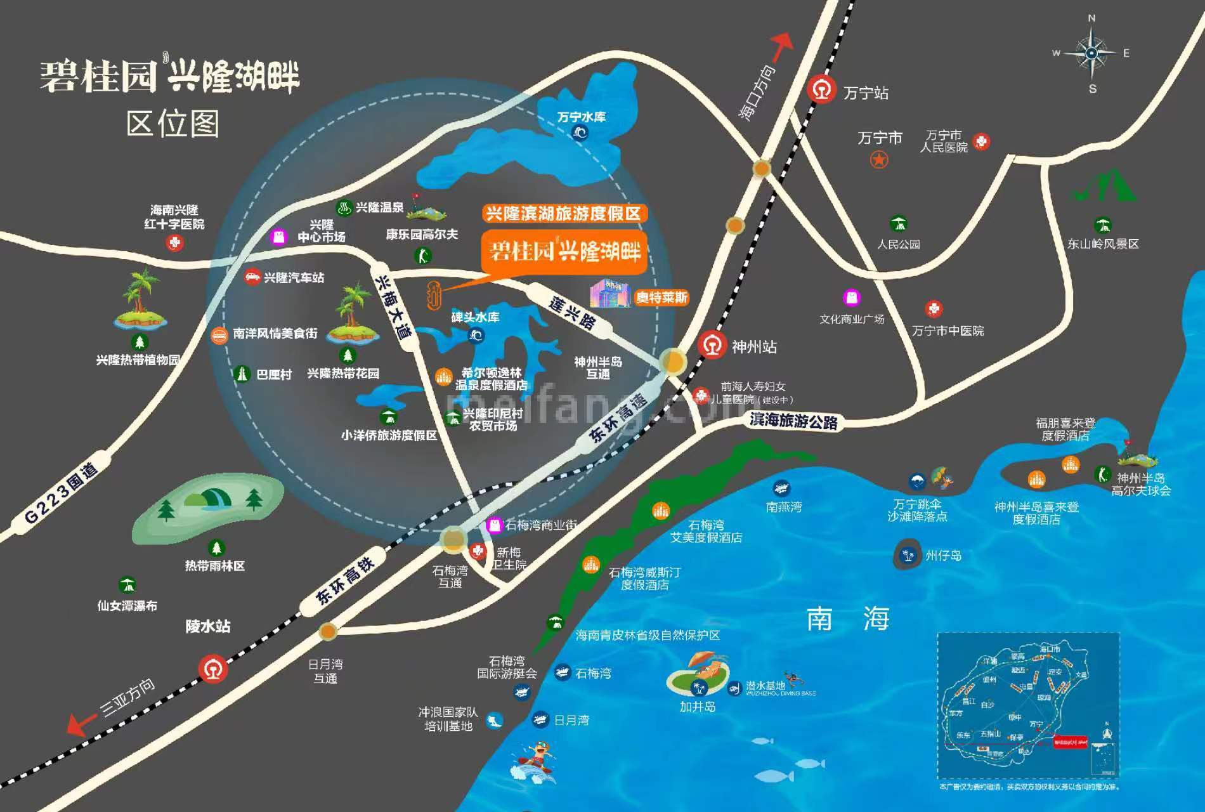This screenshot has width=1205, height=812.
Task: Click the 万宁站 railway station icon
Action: [822, 90]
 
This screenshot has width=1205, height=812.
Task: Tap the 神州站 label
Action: [754, 346]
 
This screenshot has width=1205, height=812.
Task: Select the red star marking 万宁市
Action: [878, 159]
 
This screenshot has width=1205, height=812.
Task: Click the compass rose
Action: [1091, 54]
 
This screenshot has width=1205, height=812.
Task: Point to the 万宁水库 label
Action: [582, 117]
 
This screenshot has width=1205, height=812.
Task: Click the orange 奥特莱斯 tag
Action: [661, 297]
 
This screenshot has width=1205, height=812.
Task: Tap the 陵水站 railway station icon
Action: [213, 669]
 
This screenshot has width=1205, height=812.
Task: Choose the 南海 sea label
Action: [847, 619]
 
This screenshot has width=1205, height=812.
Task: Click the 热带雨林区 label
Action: [214, 565]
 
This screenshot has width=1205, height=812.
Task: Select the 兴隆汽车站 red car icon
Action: [252, 277]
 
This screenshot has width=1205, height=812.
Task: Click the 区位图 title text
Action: [173, 123]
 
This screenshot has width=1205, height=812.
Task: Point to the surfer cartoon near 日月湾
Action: [535, 762]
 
